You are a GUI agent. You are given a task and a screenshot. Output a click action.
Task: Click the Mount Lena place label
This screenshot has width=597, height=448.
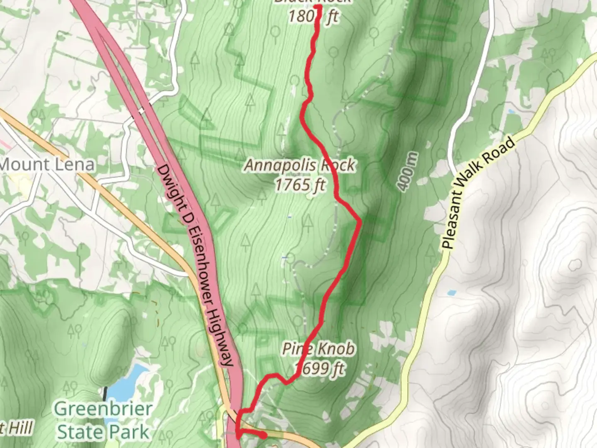tap(47, 165)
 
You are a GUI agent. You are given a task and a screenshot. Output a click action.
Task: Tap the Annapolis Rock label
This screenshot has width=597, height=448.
tap(299, 166)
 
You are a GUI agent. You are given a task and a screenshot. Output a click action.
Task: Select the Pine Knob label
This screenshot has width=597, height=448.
tap(318, 349)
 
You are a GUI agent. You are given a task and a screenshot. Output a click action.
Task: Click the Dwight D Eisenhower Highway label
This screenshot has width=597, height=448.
tap(195, 265)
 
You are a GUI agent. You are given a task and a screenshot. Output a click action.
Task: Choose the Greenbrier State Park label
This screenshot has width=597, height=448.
tap(103, 420)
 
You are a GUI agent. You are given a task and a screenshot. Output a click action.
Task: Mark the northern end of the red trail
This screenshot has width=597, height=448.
tap(318, 7)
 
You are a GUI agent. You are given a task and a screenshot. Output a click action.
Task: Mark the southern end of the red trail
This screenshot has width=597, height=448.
tap(264, 435)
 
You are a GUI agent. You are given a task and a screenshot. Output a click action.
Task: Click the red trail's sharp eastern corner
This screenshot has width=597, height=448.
tap(360, 222)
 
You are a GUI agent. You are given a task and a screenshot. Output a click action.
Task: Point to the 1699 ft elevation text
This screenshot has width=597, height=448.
tap(320, 368)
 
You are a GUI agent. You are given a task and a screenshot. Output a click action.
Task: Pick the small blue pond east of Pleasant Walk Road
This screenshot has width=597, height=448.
tap(451, 293)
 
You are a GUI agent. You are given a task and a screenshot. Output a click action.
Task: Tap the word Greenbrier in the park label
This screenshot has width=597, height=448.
tap(103, 409)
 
